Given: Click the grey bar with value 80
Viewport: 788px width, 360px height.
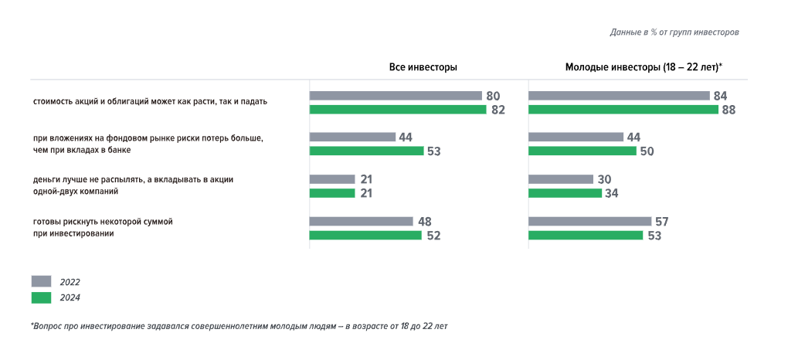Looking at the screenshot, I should click(x=396, y=96).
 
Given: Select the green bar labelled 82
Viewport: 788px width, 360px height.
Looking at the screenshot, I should click(x=398, y=110).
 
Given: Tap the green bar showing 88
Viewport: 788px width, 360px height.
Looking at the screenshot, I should click(x=623, y=110).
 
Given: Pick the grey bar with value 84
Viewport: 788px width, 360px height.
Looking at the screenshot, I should click(x=619, y=96).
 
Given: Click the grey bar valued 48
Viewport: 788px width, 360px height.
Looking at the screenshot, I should click(x=361, y=221).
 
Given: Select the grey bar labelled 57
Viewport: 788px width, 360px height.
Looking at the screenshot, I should click(x=590, y=221).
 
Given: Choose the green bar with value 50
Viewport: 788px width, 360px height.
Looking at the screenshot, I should click(x=583, y=151).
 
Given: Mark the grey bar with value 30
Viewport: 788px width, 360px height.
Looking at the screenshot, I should click(x=561, y=179).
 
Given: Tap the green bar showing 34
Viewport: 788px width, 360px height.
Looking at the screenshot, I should click(x=565, y=193).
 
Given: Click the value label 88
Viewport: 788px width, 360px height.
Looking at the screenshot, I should click(x=728, y=110).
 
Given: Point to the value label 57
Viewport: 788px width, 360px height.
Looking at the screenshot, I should click(x=661, y=222).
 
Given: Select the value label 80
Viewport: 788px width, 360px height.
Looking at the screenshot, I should click(x=493, y=96).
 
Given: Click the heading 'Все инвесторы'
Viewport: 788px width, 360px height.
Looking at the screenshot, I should click(x=423, y=67).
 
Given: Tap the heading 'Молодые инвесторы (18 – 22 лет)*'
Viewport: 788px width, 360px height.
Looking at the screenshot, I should click(x=644, y=67).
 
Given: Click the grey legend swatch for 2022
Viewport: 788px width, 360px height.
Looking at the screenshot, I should click(x=41, y=281).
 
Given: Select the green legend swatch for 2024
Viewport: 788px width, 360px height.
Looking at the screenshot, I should click(x=41, y=297).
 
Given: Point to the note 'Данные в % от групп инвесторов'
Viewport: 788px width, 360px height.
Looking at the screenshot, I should click(x=674, y=32).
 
